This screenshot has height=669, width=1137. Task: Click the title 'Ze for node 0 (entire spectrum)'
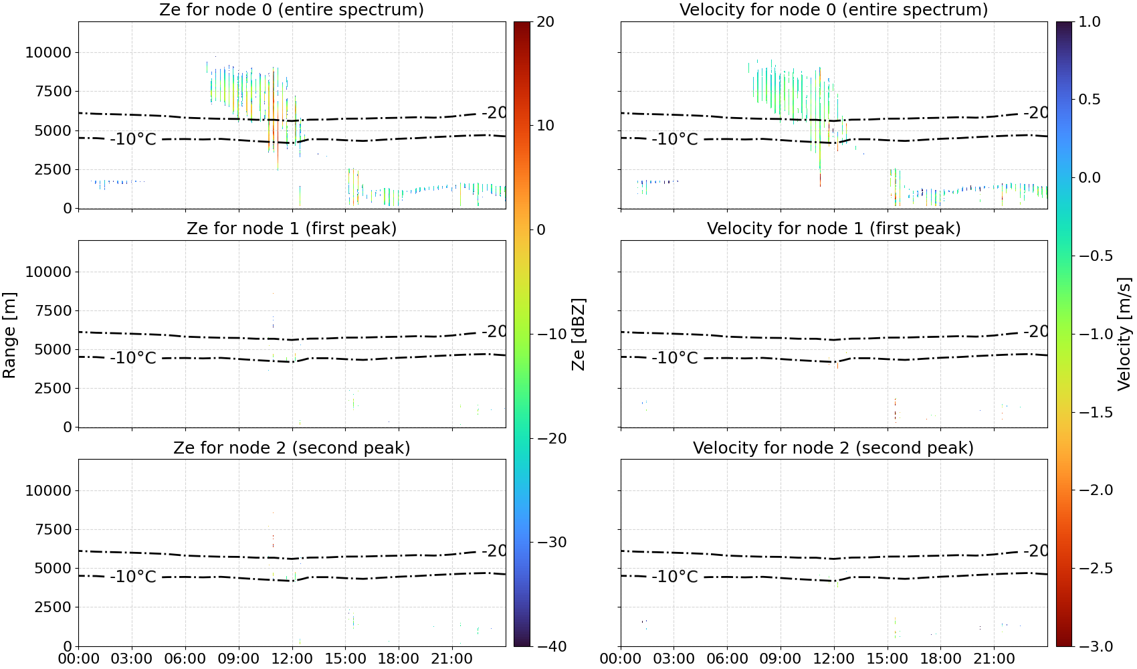point(292,9)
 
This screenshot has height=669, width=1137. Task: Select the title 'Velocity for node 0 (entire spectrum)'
point(833,9)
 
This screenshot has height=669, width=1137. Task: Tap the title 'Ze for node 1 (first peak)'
point(292,228)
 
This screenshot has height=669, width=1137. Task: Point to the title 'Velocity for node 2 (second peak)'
point(833,448)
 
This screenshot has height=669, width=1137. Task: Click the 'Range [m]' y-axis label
point(9,335)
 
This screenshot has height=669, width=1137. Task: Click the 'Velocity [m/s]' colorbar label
point(1125,334)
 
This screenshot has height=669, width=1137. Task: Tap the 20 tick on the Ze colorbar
point(545,22)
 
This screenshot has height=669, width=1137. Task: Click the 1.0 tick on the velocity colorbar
point(1090,22)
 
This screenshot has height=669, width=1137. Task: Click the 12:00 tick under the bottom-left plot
point(292,659)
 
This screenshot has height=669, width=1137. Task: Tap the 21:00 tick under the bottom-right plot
point(994,659)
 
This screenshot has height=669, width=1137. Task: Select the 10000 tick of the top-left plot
point(48,52)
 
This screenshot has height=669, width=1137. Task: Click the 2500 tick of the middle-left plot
point(53,388)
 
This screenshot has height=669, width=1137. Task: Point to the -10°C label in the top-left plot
point(133,139)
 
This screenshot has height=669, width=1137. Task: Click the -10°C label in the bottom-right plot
point(675,577)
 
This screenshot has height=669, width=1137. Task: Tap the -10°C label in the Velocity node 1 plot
point(675,358)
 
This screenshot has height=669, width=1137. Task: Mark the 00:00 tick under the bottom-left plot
point(79,659)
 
